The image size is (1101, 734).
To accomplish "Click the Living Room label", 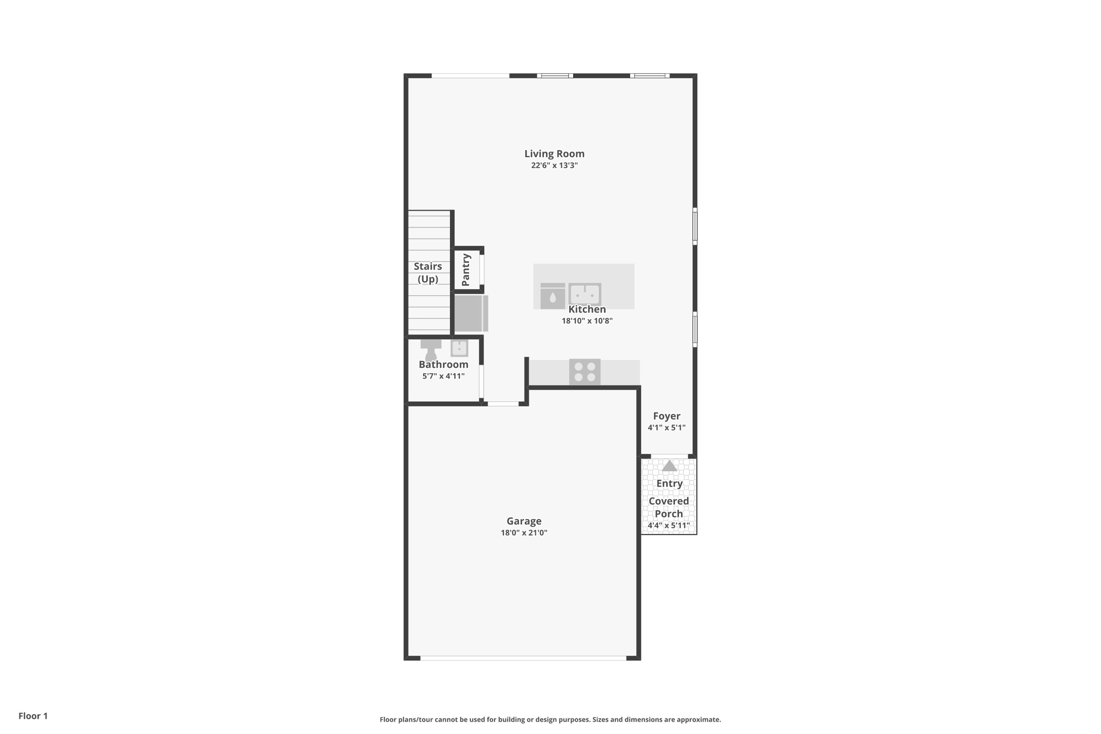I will [554, 154].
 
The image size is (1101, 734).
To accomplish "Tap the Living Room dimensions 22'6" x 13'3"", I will [554, 166].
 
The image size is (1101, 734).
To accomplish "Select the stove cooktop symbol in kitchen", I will [585, 372].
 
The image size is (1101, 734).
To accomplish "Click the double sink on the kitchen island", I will [585, 294].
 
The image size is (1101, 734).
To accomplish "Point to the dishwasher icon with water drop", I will [553, 296].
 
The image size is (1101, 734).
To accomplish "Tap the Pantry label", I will [466, 269].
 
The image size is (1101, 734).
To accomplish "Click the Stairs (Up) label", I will [428, 273].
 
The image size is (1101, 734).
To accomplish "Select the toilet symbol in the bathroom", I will [431, 350].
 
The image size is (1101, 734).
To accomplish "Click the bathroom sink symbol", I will [459, 348].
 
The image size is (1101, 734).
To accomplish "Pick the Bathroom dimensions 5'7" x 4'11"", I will [444, 376].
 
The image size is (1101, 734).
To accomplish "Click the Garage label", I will [524, 521].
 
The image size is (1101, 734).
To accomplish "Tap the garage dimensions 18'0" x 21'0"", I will [524, 533].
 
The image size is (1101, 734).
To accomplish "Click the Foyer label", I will [667, 416].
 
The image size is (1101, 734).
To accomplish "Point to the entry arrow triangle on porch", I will [669, 466].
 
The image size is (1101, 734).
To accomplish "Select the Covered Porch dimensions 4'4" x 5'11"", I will [669, 526].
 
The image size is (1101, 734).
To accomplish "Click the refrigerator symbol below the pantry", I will [470, 313].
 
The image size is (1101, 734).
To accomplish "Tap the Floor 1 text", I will [33, 716].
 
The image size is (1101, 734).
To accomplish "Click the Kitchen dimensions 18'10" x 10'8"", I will [587, 321].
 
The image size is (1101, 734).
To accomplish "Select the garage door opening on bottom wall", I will [523, 658].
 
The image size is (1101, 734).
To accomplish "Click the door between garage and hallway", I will [503, 404].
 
